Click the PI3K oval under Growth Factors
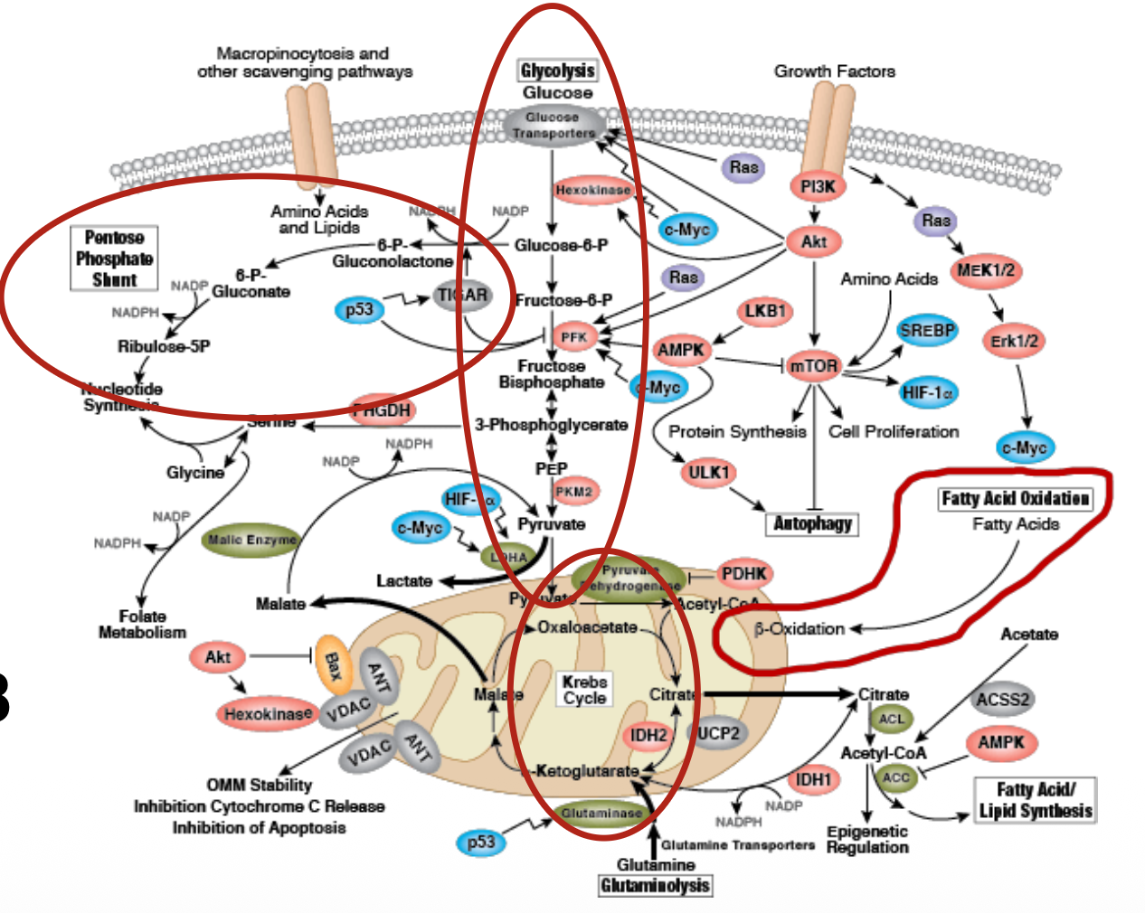(x=817, y=186)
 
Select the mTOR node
(x=812, y=365)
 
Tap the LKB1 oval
(x=764, y=312)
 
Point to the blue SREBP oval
(x=926, y=331)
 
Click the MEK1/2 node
(x=985, y=270)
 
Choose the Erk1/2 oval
(x=1014, y=341)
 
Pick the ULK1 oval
(x=708, y=472)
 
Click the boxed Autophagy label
(x=812, y=523)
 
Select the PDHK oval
(x=743, y=573)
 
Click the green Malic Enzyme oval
(x=251, y=540)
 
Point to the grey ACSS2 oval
(x=1002, y=699)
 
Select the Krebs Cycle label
(x=584, y=690)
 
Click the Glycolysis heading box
(x=557, y=71)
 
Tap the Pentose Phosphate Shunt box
(x=114, y=259)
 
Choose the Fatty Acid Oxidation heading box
(x=1015, y=498)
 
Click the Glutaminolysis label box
(x=655, y=886)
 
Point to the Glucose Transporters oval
(x=554, y=126)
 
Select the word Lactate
(x=404, y=580)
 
